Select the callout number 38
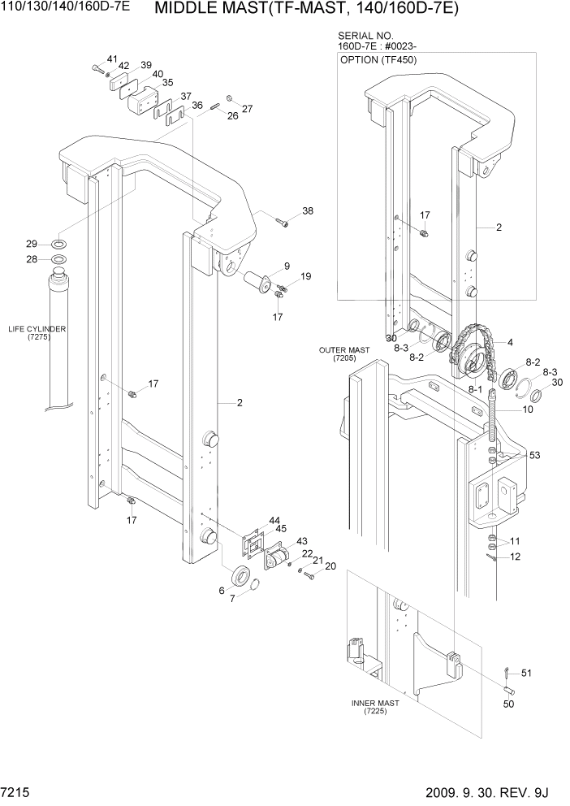click(308, 211)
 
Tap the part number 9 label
click(287, 266)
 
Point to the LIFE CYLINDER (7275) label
click(37, 332)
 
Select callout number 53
click(535, 456)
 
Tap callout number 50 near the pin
click(508, 704)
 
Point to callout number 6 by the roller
click(221, 591)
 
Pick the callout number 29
click(32, 244)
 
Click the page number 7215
click(17, 791)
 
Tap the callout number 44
click(274, 520)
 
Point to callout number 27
click(247, 108)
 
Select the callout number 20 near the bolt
click(330, 566)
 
